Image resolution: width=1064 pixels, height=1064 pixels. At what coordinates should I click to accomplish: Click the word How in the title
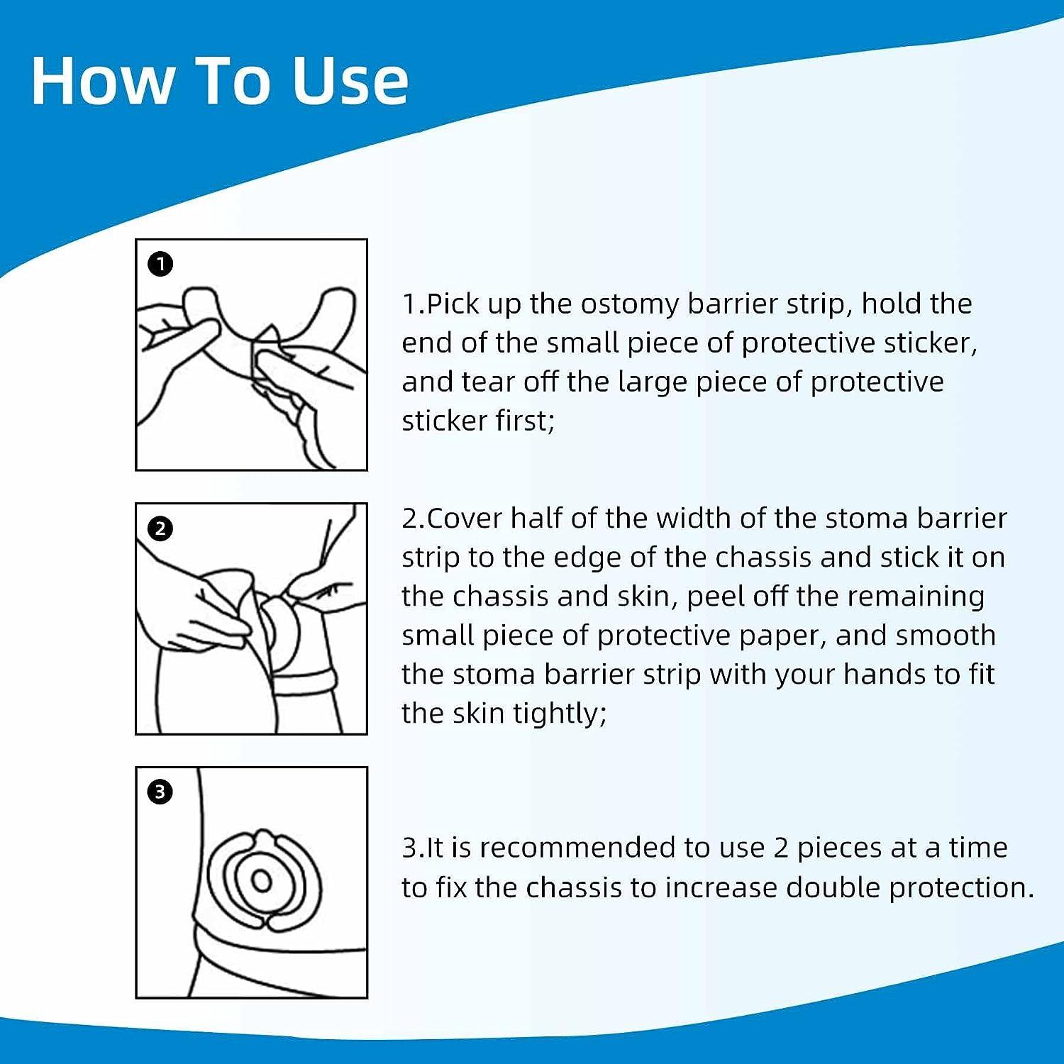click(102, 81)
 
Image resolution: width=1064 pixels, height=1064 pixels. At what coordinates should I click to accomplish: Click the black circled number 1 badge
click(161, 265)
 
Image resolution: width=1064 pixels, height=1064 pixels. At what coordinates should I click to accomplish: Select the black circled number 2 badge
click(161, 528)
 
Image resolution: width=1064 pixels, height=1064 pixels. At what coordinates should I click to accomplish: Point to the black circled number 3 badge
click(160, 792)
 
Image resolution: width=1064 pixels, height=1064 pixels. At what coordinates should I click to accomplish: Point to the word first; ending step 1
click(525, 421)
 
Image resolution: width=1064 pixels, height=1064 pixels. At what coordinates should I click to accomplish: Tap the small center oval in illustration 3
click(262, 881)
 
